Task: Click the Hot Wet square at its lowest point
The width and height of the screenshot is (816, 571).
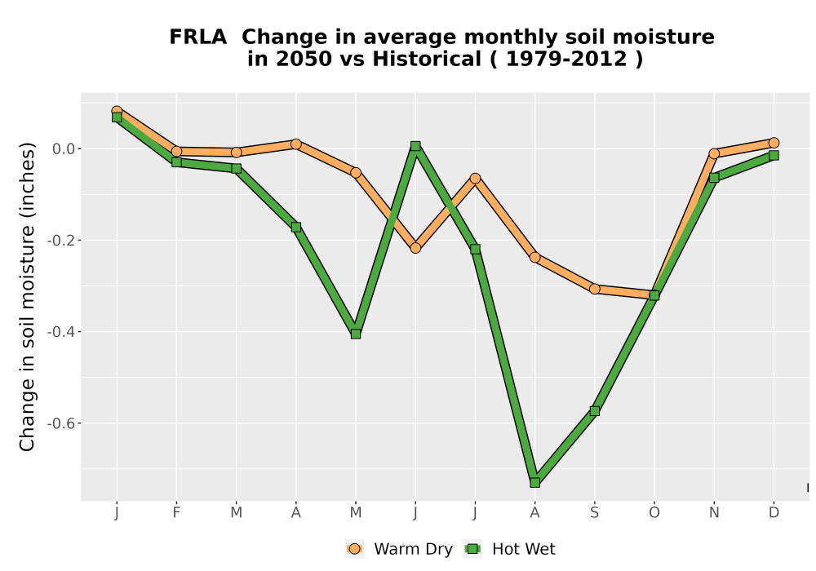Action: click(x=535, y=482)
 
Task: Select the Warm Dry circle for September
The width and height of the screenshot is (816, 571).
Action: click(x=595, y=289)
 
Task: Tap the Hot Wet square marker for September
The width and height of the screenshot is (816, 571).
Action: click(x=595, y=411)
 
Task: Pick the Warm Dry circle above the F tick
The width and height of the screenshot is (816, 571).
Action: click(x=176, y=152)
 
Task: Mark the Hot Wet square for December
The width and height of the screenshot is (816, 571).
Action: click(x=774, y=155)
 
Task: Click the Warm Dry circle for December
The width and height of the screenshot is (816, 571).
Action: click(x=774, y=143)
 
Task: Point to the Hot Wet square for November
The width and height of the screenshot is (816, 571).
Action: click(x=714, y=177)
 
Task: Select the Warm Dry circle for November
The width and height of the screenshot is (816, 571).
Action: click(x=714, y=153)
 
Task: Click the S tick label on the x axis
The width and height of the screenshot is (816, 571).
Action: click(x=595, y=513)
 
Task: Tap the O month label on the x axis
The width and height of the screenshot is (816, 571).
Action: click(x=654, y=513)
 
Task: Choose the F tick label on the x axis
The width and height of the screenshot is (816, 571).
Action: click(x=176, y=513)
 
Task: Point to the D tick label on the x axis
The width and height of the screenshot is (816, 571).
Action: click(x=774, y=513)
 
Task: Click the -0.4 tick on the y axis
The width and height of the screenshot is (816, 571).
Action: click(x=60, y=332)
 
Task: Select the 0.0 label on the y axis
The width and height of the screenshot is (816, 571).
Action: click(x=63, y=148)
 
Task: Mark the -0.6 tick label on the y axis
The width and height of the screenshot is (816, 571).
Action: click(x=60, y=423)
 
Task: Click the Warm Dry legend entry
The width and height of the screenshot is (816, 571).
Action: click(x=399, y=549)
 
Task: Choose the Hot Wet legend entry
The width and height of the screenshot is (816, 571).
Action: click(x=509, y=549)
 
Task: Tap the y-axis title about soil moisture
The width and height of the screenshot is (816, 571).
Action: click(x=27, y=296)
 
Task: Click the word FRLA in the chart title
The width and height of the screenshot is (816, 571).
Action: click(x=197, y=38)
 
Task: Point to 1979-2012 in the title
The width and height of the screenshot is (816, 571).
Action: click(x=566, y=60)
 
